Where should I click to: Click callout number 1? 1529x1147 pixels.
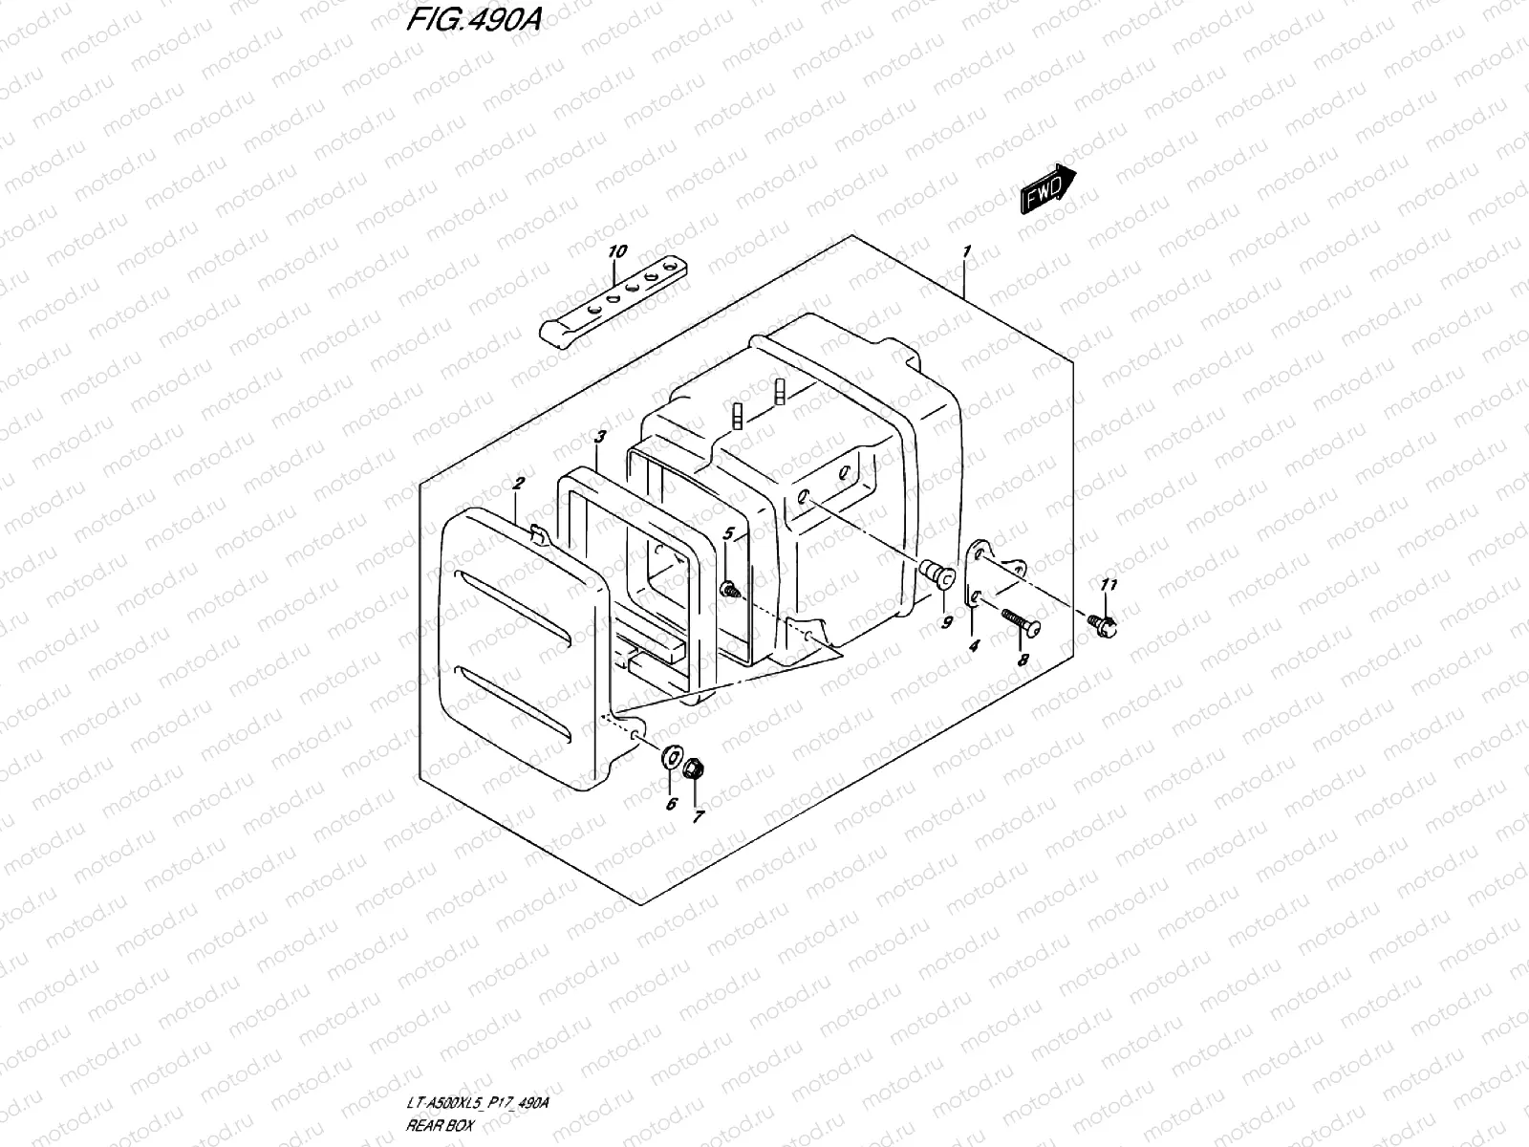click(967, 252)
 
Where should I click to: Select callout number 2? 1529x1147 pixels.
click(517, 485)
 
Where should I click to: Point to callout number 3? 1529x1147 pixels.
click(599, 437)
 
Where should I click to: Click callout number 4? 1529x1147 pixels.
click(974, 646)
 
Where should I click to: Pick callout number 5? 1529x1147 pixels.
click(728, 532)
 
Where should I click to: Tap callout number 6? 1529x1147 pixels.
click(671, 804)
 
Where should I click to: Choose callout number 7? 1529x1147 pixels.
click(698, 817)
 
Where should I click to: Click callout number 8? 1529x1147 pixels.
click(1023, 660)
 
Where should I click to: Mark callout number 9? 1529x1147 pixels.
click(947, 622)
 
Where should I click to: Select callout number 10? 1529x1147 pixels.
click(616, 251)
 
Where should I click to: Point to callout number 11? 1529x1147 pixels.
click(1109, 584)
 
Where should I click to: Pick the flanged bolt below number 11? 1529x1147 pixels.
click(1106, 624)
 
